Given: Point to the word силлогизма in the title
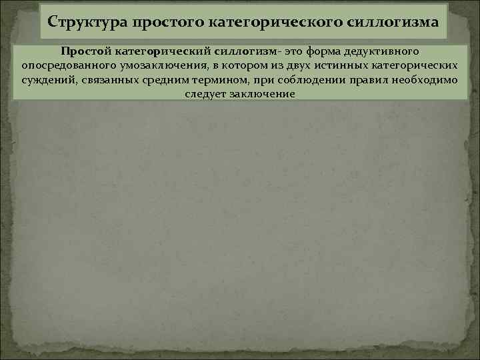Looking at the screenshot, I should [394, 22].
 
